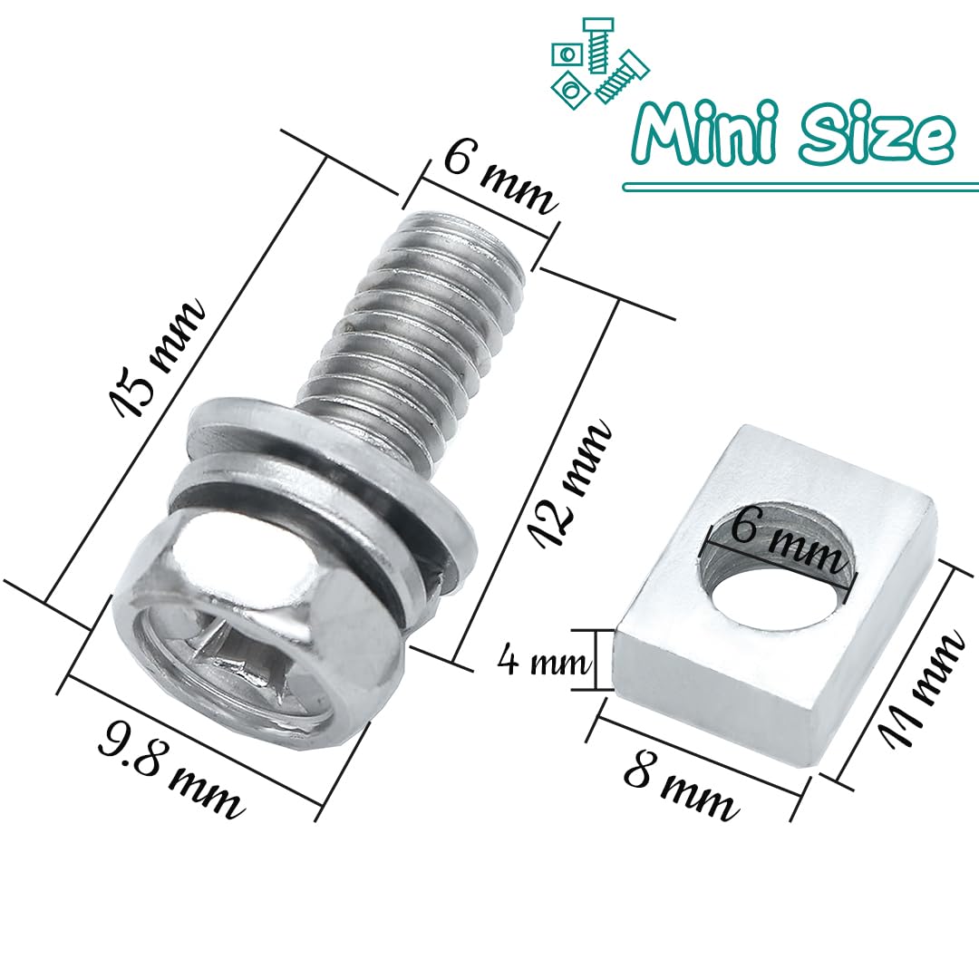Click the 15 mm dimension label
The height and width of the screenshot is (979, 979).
156,358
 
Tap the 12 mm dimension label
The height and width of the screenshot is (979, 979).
569,482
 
